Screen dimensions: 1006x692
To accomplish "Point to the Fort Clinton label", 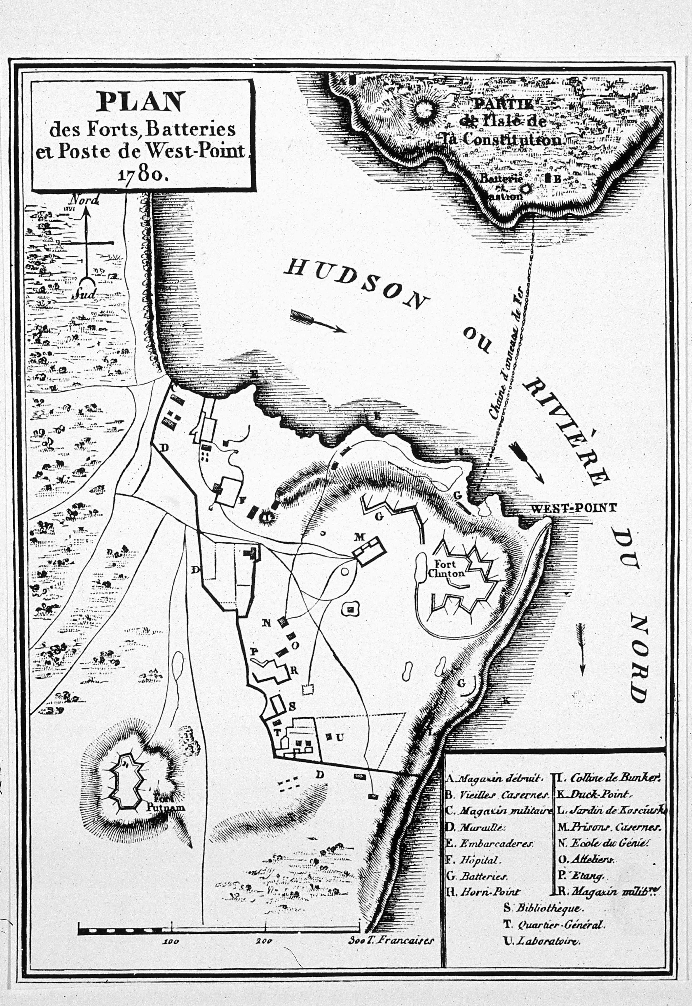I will coord(446,569).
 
